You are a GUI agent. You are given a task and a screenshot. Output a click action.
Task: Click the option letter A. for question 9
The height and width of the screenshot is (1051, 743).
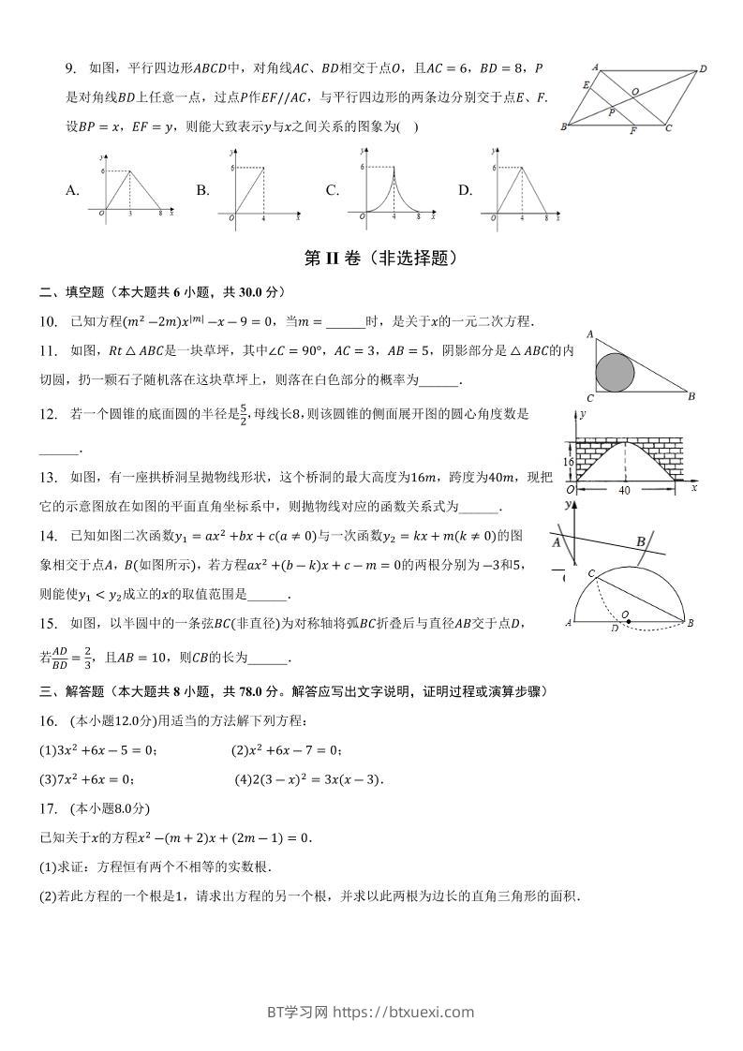(x=72, y=190)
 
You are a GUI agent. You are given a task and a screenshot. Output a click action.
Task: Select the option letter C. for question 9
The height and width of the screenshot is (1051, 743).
(x=332, y=190)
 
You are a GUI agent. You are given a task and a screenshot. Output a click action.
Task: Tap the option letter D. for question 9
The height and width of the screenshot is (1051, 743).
(x=465, y=190)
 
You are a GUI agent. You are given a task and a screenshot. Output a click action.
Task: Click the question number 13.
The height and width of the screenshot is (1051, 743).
(x=49, y=478)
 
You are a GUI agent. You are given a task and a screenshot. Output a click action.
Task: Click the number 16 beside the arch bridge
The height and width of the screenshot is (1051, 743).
(x=568, y=462)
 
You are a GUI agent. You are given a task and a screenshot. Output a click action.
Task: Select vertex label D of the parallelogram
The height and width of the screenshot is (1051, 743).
(x=703, y=68)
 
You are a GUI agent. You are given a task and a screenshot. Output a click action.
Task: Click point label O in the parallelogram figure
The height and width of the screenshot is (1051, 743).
(x=635, y=91)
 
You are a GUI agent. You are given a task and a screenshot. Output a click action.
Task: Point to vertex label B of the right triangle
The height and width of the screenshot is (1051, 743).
(x=691, y=396)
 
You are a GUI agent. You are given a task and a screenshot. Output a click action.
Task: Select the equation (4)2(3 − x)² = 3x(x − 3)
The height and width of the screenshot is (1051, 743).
(x=309, y=778)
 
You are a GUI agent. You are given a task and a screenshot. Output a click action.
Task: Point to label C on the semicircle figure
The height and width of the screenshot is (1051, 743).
(x=590, y=571)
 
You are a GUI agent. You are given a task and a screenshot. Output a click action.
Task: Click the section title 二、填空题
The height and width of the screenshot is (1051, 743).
(x=73, y=291)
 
